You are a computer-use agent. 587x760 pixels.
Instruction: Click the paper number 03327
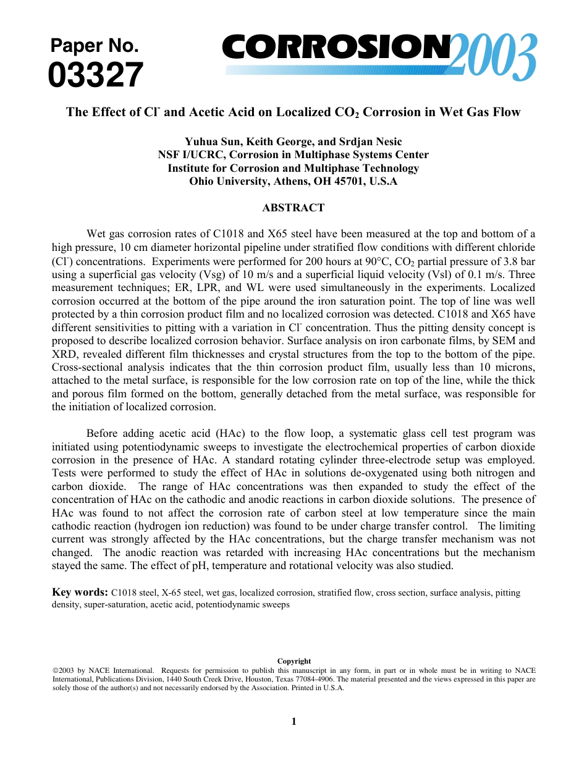[x=96, y=76]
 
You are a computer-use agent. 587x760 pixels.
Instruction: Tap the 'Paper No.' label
[x=94, y=46]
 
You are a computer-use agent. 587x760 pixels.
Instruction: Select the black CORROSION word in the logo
[x=337, y=48]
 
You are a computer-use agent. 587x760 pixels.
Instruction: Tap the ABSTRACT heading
[x=293, y=208]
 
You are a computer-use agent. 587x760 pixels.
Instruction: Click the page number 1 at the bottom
[x=293, y=722]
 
